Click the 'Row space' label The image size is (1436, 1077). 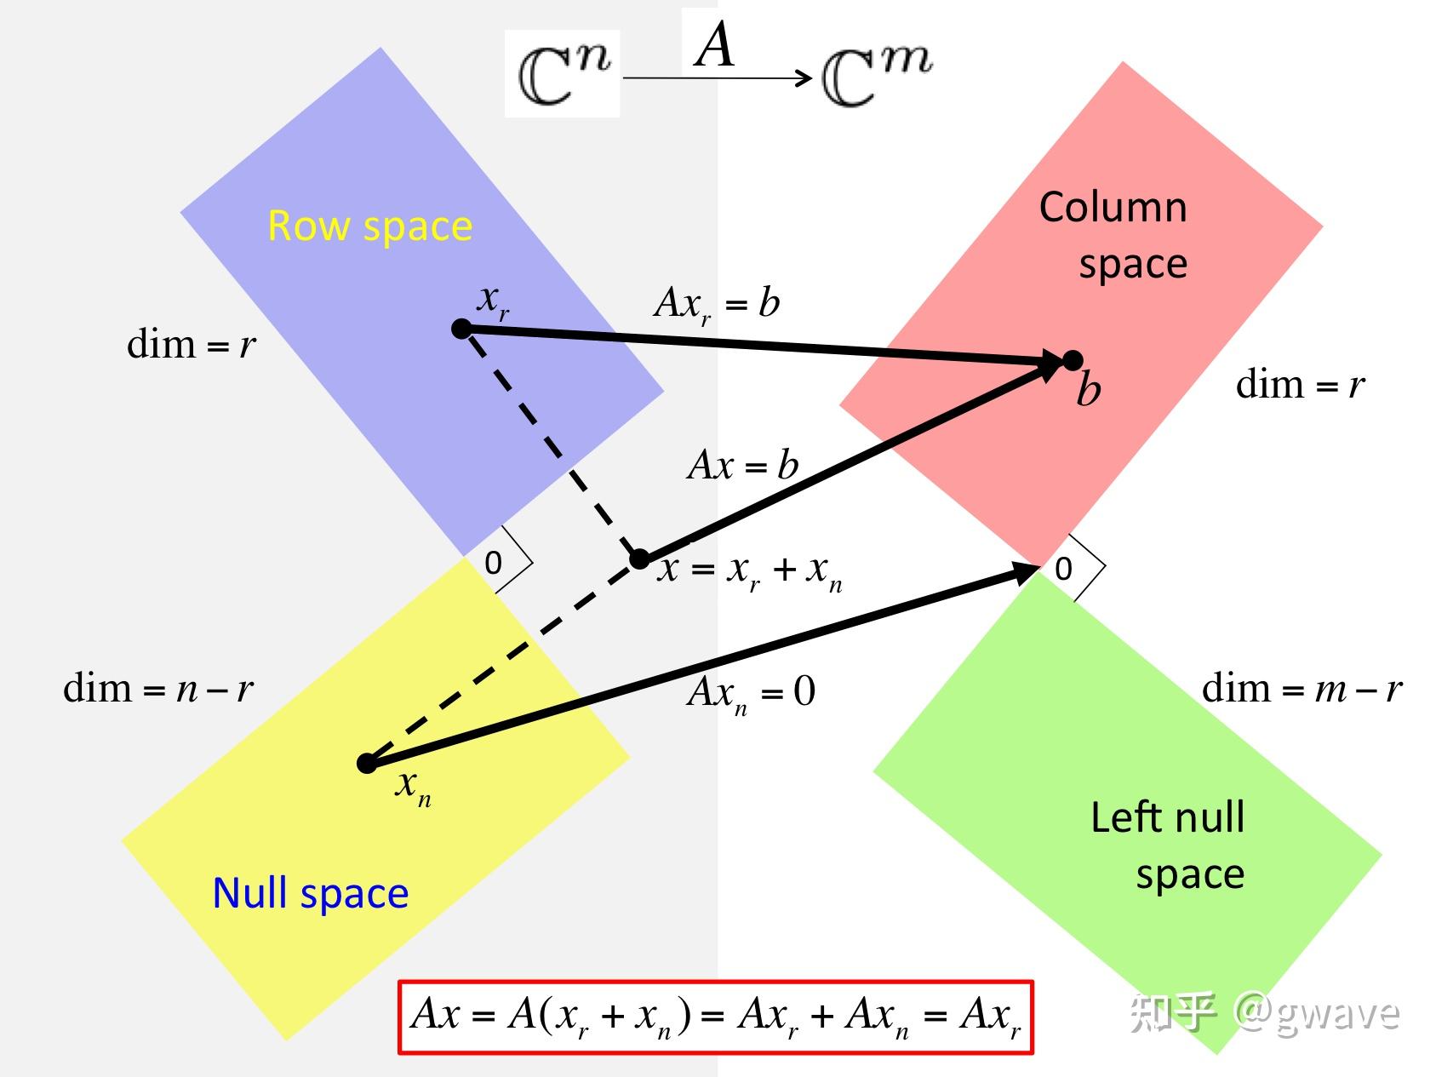pyautogui.click(x=369, y=226)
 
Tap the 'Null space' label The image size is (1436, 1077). pyautogui.click(x=311, y=894)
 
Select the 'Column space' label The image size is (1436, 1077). pyautogui.click(x=1113, y=235)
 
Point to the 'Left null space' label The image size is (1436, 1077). pyautogui.click(x=1168, y=845)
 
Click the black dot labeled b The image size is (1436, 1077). pyautogui.click(x=1073, y=360)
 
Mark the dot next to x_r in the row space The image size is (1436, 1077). pyautogui.click(x=461, y=329)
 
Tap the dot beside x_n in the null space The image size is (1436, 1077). pyautogui.click(x=367, y=763)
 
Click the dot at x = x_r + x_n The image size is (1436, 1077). pyautogui.click(x=639, y=559)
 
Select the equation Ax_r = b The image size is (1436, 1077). pyautogui.click(x=717, y=304)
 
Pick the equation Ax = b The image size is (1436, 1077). pyautogui.click(x=742, y=466)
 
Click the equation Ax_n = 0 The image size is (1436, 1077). pyautogui.click(x=751, y=692)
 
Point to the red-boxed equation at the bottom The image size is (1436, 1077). pyautogui.click(x=716, y=1017)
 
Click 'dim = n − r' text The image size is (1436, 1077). pyautogui.click(x=158, y=688)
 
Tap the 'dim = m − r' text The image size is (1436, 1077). pyautogui.click(x=1302, y=688)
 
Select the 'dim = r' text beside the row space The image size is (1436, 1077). pyautogui.click(x=192, y=345)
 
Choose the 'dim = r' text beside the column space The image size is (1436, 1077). pyautogui.click(x=1301, y=385)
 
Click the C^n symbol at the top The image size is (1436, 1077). pyautogui.click(x=564, y=73)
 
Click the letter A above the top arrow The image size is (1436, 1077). pyautogui.click(x=714, y=44)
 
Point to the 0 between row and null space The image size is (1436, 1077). pyautogui.click(x=493, y=563)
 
